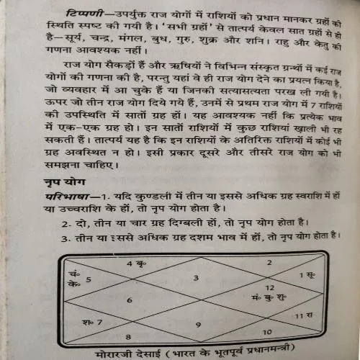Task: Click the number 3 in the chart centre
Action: coord(195,276)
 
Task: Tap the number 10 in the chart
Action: coord(266,332)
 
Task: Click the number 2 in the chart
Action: coord(269,263)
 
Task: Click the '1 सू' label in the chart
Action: coord(305,275)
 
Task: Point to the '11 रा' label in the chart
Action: coord(304,315)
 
